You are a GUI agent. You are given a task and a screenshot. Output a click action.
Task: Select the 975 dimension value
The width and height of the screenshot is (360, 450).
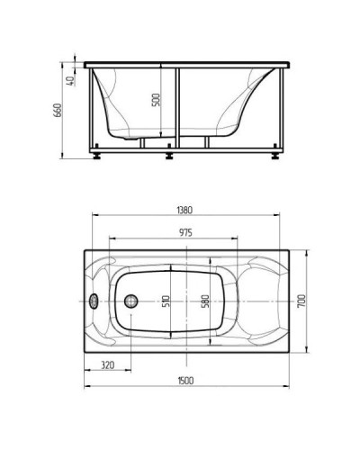186,232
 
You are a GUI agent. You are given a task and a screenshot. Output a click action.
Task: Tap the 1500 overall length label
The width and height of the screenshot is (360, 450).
186,381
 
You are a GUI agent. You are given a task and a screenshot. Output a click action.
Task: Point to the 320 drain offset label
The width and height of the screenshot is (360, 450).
107,365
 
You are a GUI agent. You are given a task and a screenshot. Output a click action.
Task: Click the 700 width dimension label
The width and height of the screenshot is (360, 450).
301,301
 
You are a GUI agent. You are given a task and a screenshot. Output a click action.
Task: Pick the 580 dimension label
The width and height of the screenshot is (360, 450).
205,301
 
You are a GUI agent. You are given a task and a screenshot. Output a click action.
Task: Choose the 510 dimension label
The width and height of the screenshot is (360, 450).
166,301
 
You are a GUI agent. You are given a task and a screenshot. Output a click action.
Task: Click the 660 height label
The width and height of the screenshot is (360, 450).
57,111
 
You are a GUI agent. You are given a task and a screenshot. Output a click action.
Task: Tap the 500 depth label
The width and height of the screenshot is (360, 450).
156,100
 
